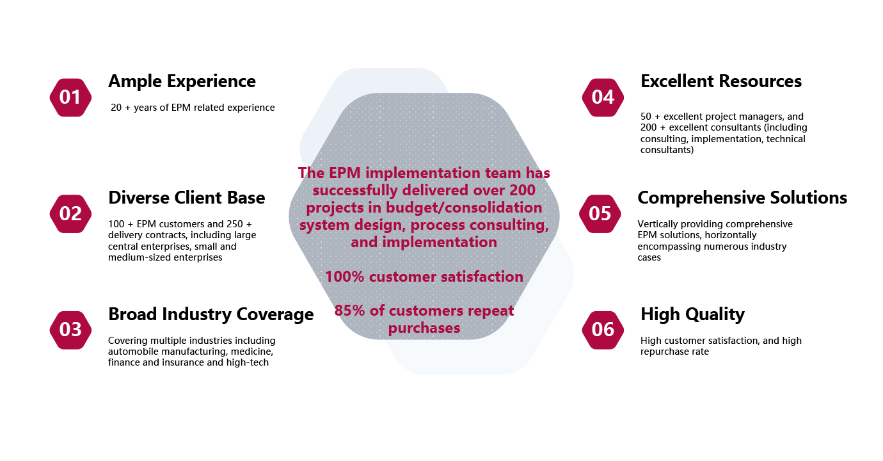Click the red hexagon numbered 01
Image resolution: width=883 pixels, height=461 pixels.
tap(70, 97)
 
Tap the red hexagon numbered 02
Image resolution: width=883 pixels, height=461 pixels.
tap(70, 214)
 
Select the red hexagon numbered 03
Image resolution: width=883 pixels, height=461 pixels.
tap(70, 330)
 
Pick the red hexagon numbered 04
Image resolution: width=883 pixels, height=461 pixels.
tap(603, 97)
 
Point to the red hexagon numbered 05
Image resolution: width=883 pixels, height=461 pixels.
tap(600, 214)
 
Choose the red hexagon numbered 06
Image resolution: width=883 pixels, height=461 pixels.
tap(603, 330)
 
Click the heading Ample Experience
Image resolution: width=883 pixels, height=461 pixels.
tap(182, 81)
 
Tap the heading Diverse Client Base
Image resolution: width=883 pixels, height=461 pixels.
tap(186, 198)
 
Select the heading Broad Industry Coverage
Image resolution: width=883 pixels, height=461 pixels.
tap(211, 314)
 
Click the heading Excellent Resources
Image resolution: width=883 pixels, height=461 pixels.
tap(721, 81)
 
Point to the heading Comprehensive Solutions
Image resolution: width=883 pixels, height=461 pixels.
tap(742, 198)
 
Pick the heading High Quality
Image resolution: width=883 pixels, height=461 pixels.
tap(692, 314)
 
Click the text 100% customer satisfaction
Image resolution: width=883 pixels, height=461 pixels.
tap(424, 277)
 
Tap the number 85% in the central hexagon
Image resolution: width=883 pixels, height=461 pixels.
tap(349, 311)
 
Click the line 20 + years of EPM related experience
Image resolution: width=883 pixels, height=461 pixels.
tap(193, 108)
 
